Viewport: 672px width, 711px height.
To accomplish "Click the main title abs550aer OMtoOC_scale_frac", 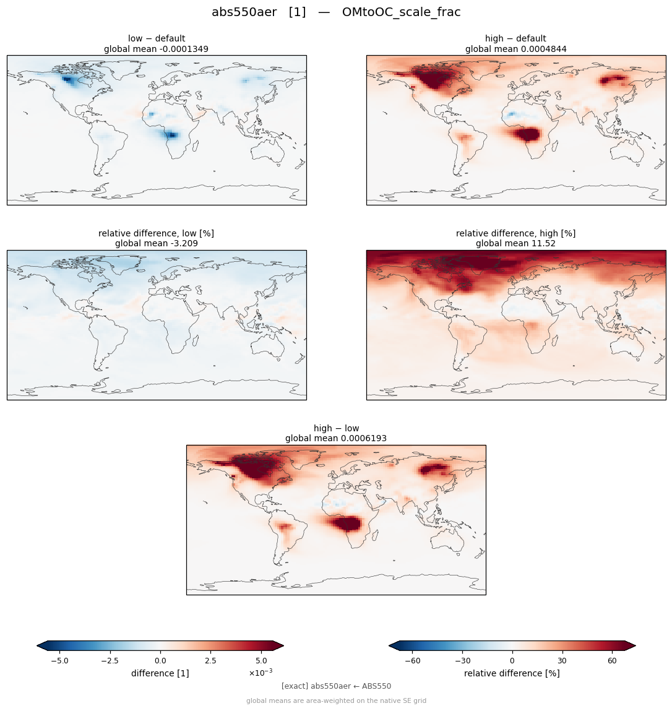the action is [336, 12].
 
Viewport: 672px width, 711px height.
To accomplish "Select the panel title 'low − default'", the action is [157, 38].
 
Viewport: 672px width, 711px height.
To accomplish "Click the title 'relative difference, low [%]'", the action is [156, 233].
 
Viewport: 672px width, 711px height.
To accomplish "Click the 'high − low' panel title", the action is [336, 428].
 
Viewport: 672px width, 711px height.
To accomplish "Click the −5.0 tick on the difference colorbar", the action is [59, 661].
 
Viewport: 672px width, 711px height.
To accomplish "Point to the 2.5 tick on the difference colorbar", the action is [210, 661].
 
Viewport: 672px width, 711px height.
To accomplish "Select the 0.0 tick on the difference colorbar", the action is [160, 661].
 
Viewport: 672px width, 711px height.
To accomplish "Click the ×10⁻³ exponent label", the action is [261, 673].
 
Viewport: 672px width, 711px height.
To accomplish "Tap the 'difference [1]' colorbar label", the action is [160, 673].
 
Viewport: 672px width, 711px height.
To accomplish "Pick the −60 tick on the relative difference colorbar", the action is [412, 661].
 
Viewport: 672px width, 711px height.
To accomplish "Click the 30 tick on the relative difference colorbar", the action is [562, 661].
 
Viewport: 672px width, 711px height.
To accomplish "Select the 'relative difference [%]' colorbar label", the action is [512, 673].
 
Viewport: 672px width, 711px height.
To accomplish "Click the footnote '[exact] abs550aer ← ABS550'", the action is [336, 686].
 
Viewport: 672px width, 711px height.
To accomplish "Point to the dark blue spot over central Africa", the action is [172, 135].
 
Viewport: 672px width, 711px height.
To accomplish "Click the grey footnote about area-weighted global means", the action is [336, 700].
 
